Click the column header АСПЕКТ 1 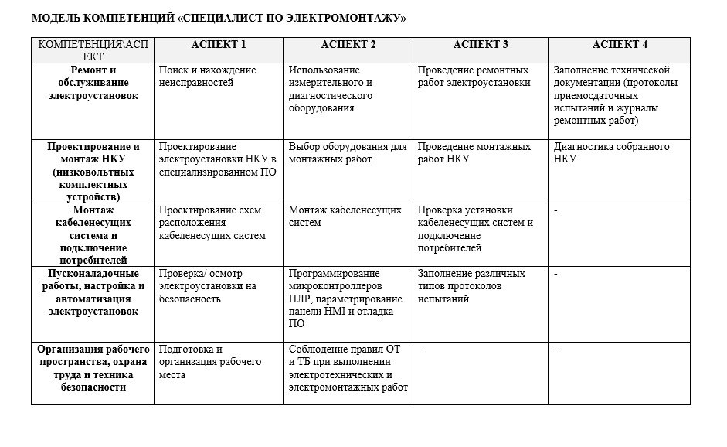(219, 44)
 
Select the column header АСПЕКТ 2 (348, 44)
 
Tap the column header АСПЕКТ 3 (481, 44)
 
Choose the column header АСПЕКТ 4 (620, 44)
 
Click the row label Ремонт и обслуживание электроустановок (93, 83)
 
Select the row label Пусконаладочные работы (93, 292)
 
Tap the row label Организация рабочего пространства (93, 368)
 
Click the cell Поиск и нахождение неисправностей (207, 76)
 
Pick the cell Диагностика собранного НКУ (611, 152)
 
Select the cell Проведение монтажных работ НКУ (474, 152)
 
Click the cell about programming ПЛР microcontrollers (345, 299)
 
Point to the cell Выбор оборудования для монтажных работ (347, 152)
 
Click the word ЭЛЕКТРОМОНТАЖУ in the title (342, 17)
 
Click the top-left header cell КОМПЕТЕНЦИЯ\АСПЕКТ (93, 49)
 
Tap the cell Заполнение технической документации (616, 95)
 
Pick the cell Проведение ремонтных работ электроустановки (474, 76)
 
